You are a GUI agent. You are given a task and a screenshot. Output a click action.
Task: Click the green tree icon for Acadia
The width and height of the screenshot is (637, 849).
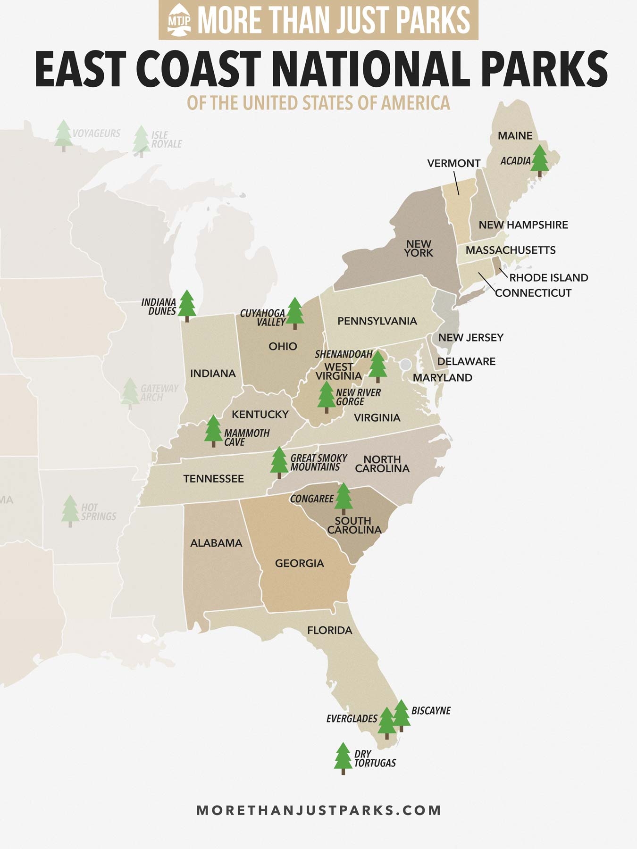pos(539,160)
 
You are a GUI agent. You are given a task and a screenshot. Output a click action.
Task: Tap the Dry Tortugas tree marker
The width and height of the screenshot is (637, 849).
pos(343,758)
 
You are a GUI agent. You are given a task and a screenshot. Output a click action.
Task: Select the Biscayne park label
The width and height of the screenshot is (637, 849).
pos(431,711)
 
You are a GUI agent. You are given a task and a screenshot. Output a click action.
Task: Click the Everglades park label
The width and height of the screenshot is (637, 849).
pos(352,719)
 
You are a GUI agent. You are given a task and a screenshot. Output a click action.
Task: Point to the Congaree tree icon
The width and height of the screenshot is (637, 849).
pos(344,498)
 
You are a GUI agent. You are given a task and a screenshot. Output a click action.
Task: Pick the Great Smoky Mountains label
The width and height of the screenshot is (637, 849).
pos(318,463)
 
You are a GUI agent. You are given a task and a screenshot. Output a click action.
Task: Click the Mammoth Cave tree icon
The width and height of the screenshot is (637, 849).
pos(213,430)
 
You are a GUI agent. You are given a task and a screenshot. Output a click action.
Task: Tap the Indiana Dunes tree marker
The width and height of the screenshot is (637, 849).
pos(187,305)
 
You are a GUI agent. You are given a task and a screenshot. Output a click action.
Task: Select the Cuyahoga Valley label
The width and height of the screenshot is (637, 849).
pos(263,317)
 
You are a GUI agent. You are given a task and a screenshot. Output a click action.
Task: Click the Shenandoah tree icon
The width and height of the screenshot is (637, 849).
pos(377,366)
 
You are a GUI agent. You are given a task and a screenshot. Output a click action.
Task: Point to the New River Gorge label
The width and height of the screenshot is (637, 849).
pos(358,397)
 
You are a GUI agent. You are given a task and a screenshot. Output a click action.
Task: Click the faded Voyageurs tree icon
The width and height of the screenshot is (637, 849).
pos(63,135)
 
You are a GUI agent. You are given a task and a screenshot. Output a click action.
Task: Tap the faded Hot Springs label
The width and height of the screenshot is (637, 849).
pos(98,512)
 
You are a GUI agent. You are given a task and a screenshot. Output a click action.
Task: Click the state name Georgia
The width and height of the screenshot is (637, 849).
pos(299,563)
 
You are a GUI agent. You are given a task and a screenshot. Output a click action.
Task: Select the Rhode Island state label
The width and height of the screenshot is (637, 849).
pos(548,278)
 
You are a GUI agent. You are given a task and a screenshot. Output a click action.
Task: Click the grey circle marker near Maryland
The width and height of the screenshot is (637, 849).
pos(405,365)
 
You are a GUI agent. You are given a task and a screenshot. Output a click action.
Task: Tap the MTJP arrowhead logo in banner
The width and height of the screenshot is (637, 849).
pos(179,20)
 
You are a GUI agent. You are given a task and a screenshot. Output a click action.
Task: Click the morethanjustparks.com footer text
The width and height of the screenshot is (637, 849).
pos(318,810)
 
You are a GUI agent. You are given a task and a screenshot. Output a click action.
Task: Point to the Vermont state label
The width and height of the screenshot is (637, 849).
pos(453,163)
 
